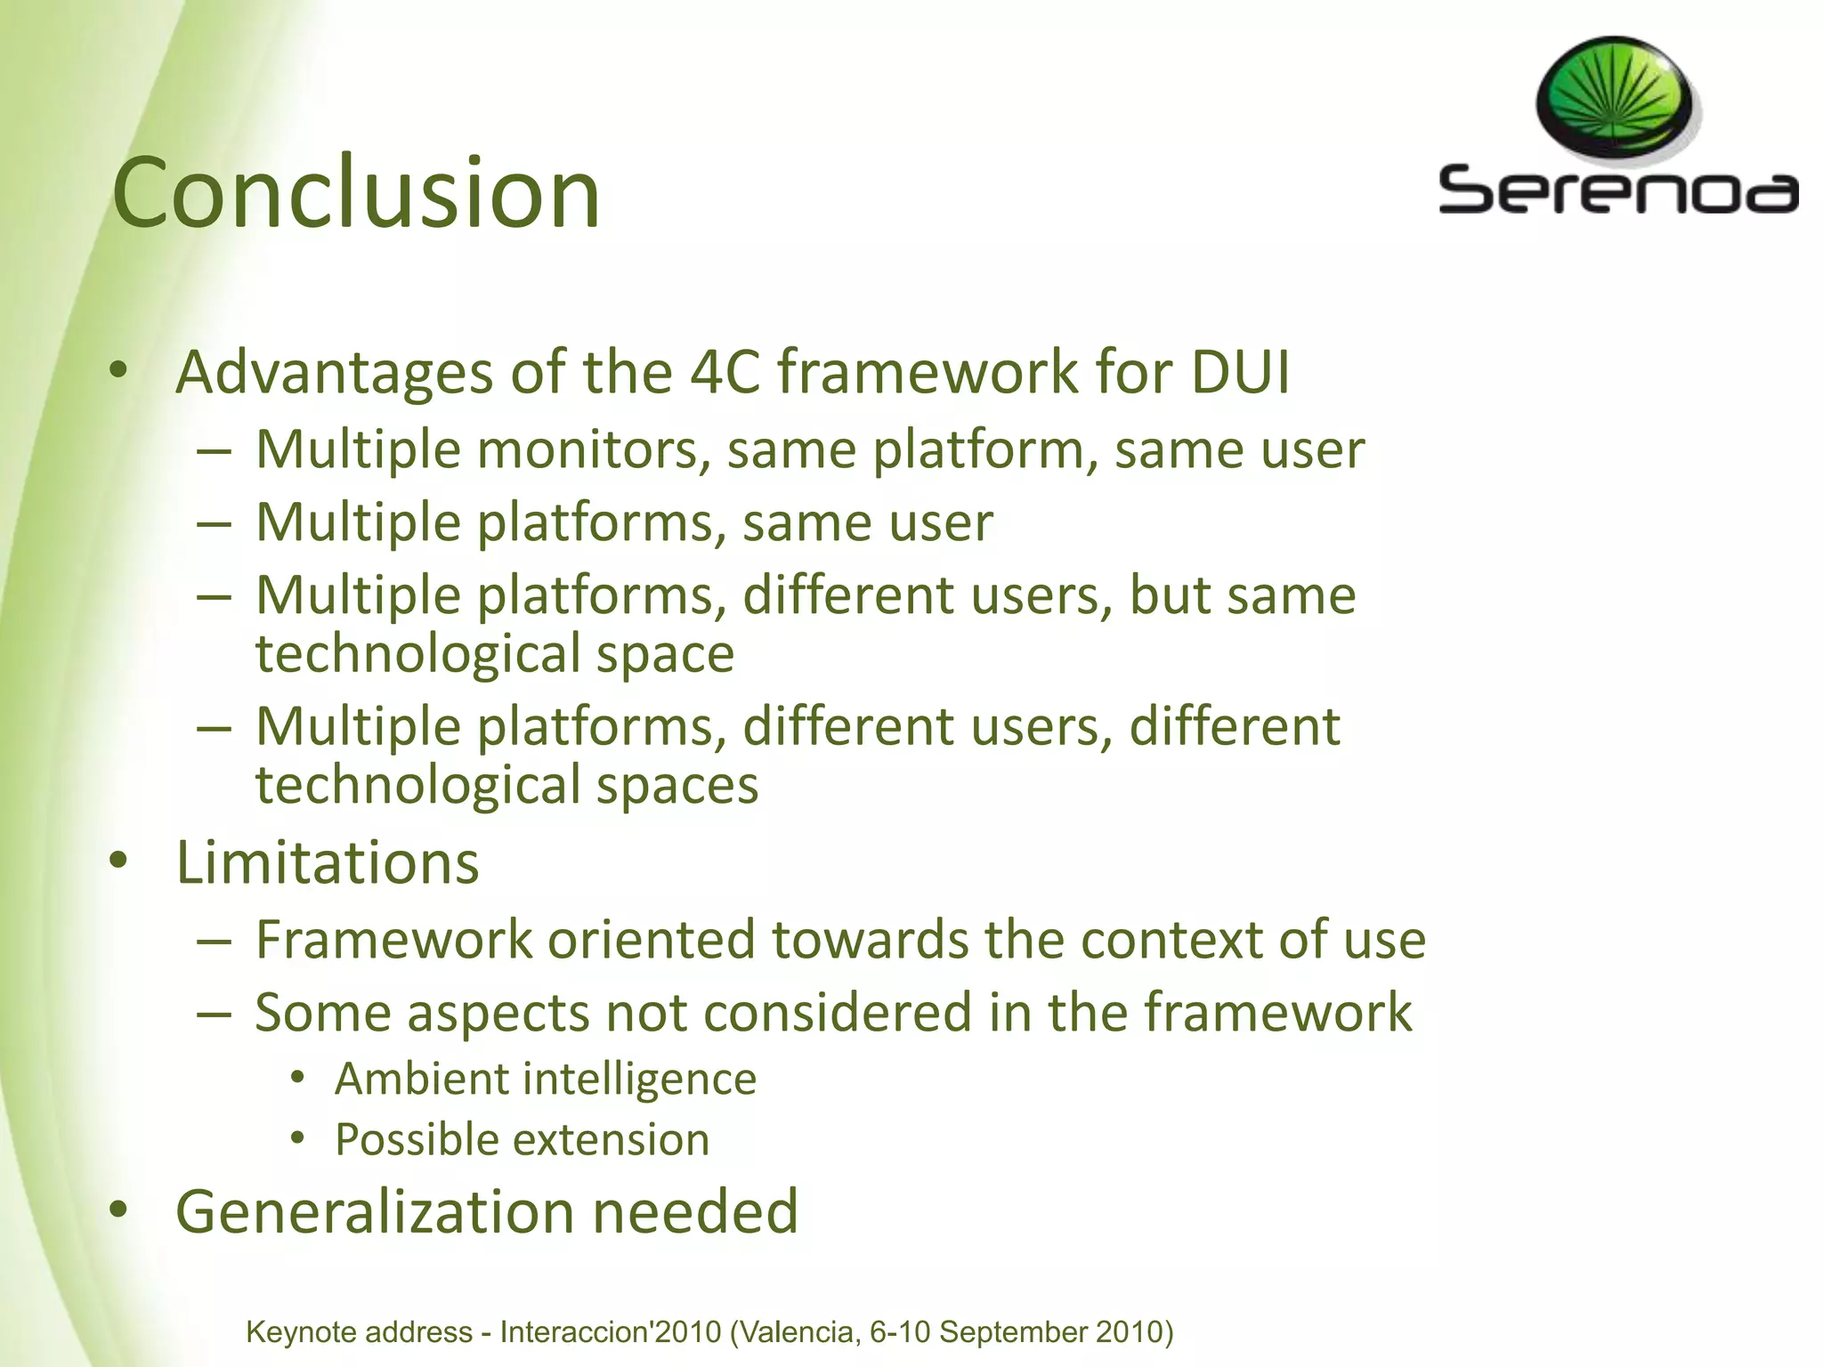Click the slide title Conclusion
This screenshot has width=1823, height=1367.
pos(356,193)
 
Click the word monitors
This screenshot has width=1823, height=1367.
pos(594,449)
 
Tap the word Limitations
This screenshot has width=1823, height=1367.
pos(328,862)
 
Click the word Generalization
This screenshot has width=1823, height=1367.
pos(375,1212)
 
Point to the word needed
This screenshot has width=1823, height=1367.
pos(695,1212)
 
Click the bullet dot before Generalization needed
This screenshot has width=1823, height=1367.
pos(118,1210)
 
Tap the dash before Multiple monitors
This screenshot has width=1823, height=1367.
pos(215,450)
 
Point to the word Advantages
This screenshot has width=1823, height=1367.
pos(334,373)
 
